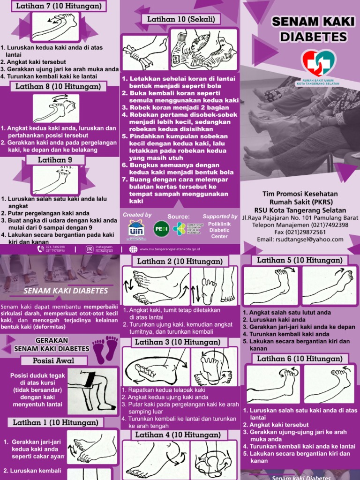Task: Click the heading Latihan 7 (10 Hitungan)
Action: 58,7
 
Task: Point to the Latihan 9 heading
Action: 55,160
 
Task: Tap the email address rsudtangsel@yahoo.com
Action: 300,240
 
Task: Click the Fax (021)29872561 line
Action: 300,232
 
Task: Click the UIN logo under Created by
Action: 137,229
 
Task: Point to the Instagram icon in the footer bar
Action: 89,249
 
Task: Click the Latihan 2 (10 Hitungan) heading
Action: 180,261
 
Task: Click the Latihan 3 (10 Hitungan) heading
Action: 178,342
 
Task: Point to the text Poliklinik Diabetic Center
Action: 219,230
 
